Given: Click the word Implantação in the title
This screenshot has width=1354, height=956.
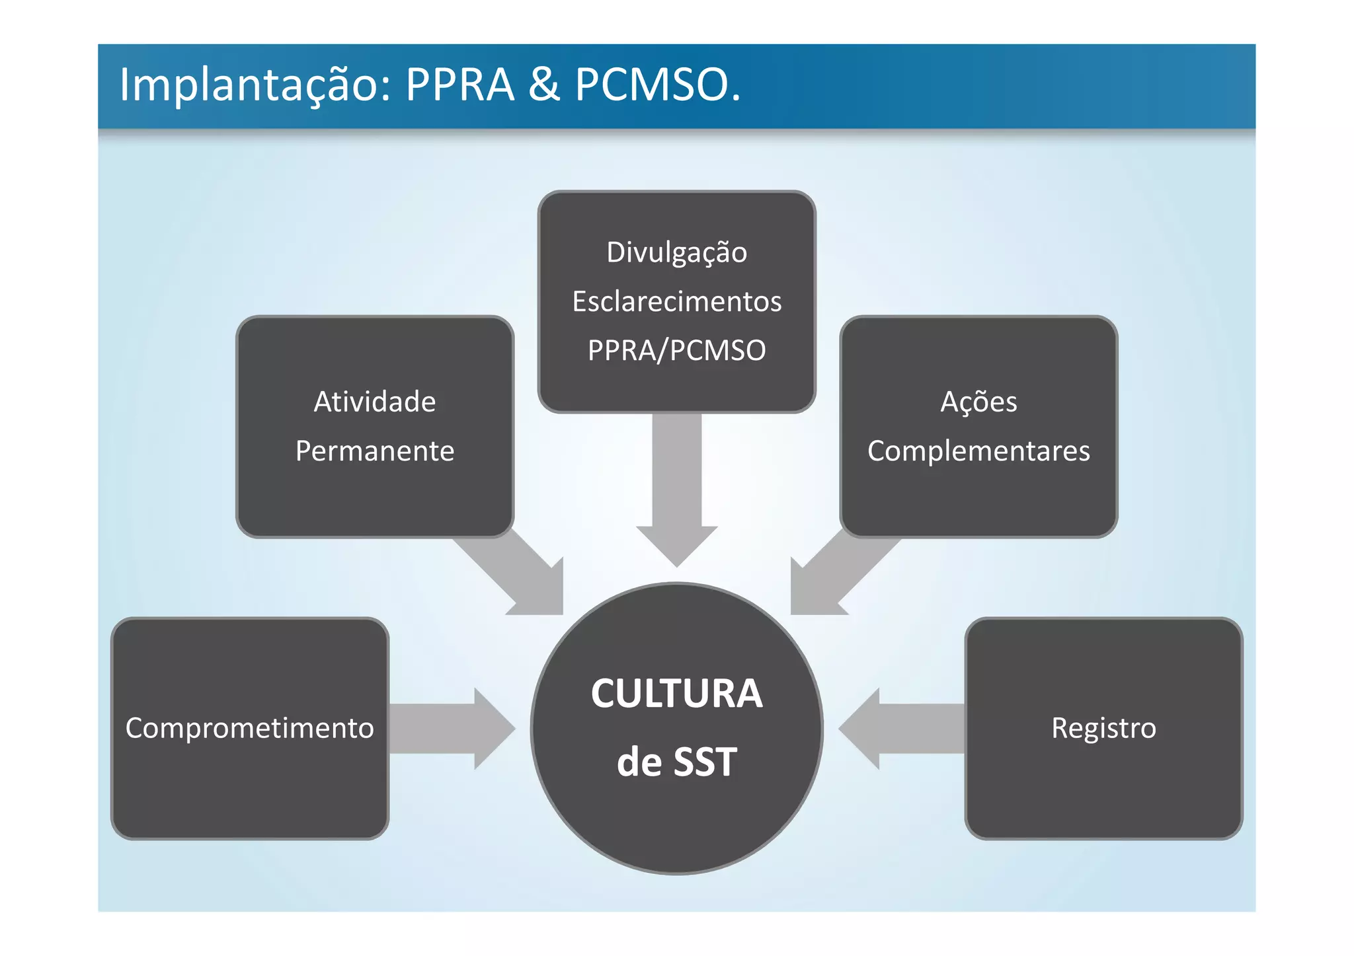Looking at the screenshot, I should click(249, 86).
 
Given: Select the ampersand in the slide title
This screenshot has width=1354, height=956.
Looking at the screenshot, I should click(543, 86).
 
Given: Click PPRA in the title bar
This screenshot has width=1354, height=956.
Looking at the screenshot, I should click(459, 86).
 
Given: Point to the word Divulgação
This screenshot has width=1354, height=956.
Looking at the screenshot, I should click(676, 253).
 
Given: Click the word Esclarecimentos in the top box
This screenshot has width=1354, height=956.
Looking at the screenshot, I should click(676, 302).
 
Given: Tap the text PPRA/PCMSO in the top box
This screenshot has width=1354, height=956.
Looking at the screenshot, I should click(676, 351).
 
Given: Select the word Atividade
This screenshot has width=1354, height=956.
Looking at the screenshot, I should click(375, 402).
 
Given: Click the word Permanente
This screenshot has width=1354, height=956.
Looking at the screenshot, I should click(375, 451).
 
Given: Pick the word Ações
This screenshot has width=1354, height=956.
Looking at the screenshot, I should click(978, 402).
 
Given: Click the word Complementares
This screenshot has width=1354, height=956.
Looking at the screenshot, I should click(978, 451).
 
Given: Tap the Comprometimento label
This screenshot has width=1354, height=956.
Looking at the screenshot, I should click(250, 728).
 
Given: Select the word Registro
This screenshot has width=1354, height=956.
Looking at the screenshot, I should click(1103, 728).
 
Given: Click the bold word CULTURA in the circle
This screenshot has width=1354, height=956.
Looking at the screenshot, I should click(676, 694).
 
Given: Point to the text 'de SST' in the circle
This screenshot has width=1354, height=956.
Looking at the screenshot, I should click(676, 762).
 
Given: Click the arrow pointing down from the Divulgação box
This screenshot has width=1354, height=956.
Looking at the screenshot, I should click(676, 489).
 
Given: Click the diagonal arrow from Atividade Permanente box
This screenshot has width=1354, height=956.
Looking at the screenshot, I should click(522, 575).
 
